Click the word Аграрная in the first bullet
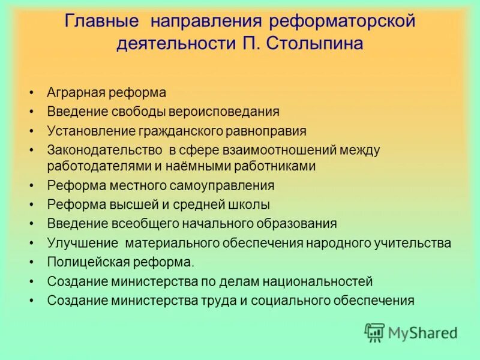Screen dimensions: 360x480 76,93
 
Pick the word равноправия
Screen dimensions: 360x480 266,130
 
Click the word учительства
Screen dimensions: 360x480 414,242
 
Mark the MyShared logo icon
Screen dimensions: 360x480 374,332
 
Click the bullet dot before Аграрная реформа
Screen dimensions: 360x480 31,94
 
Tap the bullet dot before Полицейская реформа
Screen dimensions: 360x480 31,262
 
